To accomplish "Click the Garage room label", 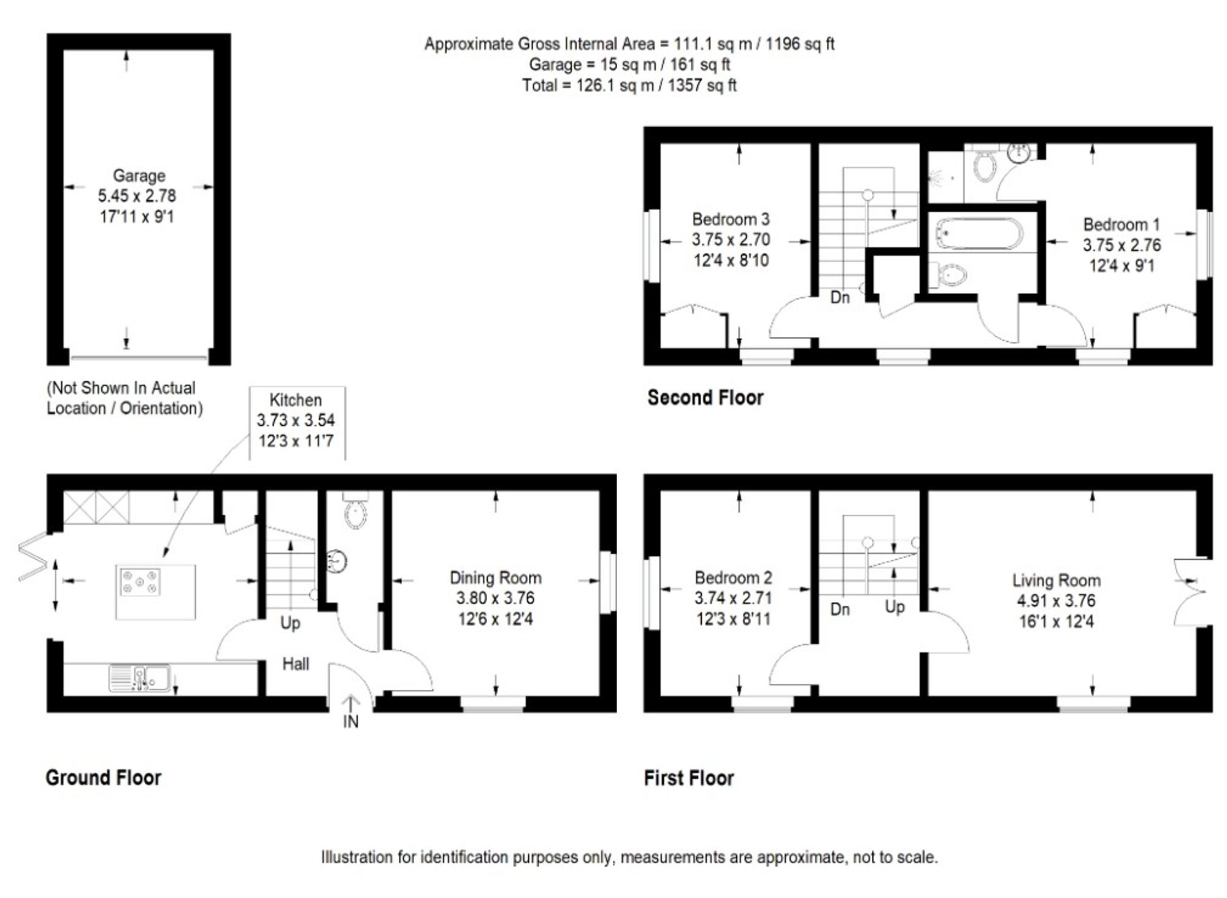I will point(139,176).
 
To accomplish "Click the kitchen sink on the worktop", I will point(140,678).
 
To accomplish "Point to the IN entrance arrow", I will point(350,712).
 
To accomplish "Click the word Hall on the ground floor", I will point(295,664).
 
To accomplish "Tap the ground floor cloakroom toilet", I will point(355,512).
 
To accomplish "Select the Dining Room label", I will point(495,578).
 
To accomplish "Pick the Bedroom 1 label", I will point(1121,225).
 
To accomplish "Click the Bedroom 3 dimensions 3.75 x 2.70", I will point(731,240).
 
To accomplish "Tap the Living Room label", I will point(1056,580).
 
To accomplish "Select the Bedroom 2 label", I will point(733,578).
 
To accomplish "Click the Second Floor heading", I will point(705,398).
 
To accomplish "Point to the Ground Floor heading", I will point(103,778).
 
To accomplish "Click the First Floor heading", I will point(688,778).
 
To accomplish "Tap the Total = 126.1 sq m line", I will point(629,85).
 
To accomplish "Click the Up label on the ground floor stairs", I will point(290,623).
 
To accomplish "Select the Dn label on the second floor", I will point(840,298).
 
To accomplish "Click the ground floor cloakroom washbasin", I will point(336,560).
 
